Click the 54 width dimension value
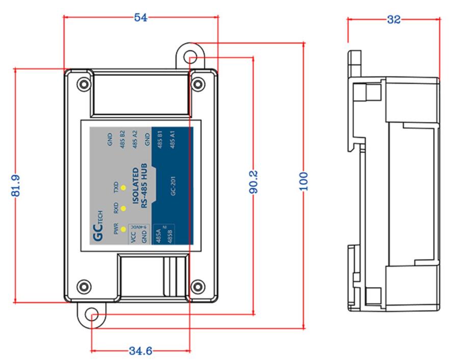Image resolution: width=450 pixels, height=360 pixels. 141,17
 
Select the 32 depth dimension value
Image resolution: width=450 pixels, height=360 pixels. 393,19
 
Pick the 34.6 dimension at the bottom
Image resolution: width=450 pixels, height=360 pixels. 140,351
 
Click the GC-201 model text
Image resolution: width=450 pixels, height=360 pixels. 173,193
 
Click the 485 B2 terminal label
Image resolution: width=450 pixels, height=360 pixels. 122,139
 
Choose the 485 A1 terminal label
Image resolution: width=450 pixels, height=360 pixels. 173,139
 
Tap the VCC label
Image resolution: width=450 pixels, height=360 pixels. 135,239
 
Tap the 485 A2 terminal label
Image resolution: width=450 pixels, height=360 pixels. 135,139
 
